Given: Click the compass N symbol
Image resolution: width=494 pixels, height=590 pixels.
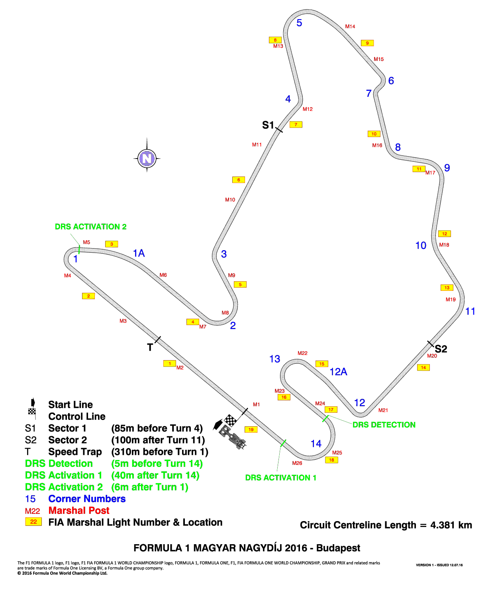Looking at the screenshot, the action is (x=147, y=158).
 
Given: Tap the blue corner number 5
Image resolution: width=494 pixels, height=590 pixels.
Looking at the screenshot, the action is (x=299, y=23).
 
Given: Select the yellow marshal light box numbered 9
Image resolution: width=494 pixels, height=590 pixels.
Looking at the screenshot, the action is (x=367, y=43).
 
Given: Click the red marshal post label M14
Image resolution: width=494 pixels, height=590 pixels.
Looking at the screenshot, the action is (x=350, y=27).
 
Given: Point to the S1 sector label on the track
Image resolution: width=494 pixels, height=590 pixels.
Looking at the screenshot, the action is (x=268, y=125).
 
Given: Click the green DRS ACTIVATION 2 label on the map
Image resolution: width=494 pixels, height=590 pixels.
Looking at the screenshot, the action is (x=90, y=227).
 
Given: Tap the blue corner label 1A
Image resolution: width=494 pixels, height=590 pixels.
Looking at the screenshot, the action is (x=139, y=253).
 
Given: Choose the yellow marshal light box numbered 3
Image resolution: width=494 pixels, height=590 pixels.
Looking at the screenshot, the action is (x=111, y=244).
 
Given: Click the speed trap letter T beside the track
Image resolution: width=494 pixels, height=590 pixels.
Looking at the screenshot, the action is (x=150, y=347).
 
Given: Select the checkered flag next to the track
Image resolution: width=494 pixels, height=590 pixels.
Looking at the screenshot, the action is (x=230, y=420).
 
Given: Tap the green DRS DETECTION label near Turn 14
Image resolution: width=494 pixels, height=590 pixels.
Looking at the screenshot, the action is (x=384, y=425).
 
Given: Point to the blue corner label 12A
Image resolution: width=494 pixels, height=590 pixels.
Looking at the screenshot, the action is (x=338, y=372).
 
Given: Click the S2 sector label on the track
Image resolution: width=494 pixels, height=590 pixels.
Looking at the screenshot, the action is (x=441, y=349).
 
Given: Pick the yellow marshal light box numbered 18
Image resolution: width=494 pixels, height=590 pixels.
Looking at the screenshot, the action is (x=331, y=460).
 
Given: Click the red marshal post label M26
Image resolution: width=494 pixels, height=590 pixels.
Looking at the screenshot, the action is (x=297, y=463).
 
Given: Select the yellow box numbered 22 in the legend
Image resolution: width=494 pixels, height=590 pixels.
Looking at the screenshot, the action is (x=33, y=521).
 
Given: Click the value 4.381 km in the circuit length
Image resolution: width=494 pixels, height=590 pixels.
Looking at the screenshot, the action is (x=451, y=525).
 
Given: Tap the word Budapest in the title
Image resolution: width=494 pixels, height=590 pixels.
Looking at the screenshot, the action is (x=338, y=548).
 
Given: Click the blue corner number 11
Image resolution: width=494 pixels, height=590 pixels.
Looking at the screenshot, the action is (x=470, y=312).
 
